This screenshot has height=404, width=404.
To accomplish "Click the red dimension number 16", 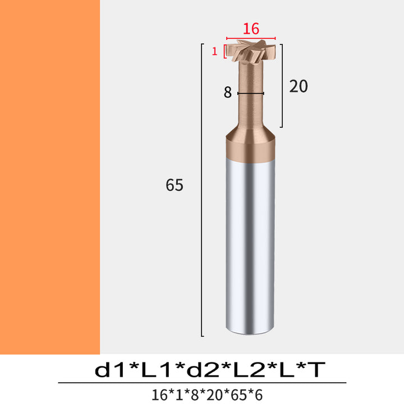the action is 251,29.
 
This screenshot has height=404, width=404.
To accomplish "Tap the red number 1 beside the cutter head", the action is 214,52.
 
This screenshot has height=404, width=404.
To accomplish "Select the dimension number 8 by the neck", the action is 227,92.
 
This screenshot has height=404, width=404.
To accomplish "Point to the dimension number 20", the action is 299,86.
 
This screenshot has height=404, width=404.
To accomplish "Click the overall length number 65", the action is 175,185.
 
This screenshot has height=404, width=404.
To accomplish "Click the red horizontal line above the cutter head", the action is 251,38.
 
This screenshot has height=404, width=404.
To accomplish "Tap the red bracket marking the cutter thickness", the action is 224,52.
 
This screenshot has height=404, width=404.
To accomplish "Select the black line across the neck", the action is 251,93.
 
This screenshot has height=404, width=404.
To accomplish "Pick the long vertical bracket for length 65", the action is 202,190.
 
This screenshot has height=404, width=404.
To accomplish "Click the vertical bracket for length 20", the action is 282,86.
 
